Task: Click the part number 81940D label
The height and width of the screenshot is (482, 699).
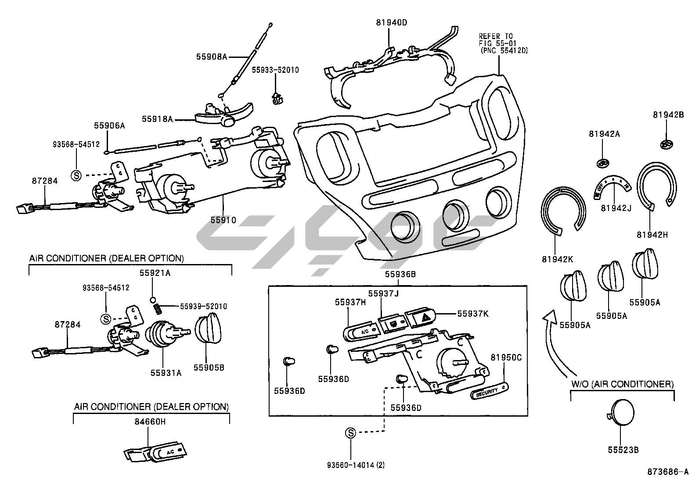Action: (x=392, y=23)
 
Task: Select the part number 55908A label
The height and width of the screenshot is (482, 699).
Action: (x=212, y=56)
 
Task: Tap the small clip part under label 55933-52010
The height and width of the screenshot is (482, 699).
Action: (x=276, y=99)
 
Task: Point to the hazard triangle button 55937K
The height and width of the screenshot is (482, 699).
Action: (x=420, y=317)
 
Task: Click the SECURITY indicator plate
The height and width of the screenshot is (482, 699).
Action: (x=489, y=390)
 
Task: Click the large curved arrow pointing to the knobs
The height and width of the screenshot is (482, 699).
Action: (x=552, y=342)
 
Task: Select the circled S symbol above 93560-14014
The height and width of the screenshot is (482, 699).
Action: (x=350, y=433)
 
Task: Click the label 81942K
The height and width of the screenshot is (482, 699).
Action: (x=557, y=259)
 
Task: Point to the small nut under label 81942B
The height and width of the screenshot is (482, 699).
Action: (x=667, y=144)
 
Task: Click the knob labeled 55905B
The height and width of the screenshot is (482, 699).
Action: (x=209, y=328)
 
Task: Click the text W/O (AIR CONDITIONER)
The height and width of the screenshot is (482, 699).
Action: (x=622, y=384)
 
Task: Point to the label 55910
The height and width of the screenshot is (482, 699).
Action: (x=223, y=220)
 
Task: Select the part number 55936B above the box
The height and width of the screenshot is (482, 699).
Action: (x=400, y=275)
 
